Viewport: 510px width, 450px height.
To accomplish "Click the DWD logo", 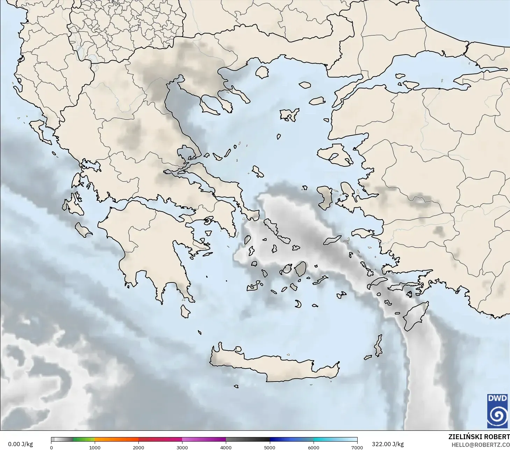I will pyautogui.click(x=497, y=411).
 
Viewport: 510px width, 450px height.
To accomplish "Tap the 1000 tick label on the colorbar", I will pyautogui.click(x=95, y=447).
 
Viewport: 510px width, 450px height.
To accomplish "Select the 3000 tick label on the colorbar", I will pyautogui.click(x=182, y=447).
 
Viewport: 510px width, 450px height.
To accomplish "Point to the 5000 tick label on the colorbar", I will pyautogui.click(x=270, y=447).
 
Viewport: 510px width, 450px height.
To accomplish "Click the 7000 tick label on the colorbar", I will pyautogui.click(x=357, y=447).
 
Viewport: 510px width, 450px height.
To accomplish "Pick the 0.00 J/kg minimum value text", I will pyautogui.click(x=20, y=444).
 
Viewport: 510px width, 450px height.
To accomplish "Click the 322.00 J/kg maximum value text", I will pyautogui.click(x=388, y=444).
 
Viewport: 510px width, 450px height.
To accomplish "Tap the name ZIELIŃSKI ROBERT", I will pyautogui.click(x=479, y=437).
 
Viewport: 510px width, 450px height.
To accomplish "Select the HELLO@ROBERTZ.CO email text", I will pyautogui.click(x=480, y=445).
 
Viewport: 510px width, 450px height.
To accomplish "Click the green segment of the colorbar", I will pyautogui.click(x=84, y=440).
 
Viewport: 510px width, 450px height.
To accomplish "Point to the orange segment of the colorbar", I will pyautogui.click(x=116, y=440).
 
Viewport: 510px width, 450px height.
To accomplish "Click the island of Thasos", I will pyautogui.click(x=262, y=72).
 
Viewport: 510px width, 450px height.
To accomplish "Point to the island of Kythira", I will pyautogui.click(x=185, y=311).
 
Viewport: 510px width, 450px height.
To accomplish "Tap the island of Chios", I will pyautogui.click(x=325, y=198).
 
